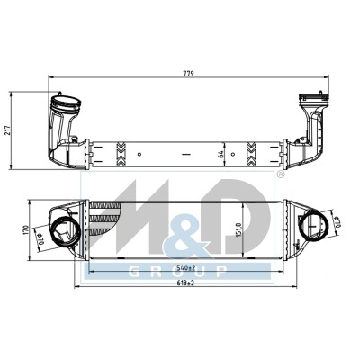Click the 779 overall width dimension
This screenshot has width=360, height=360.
190,74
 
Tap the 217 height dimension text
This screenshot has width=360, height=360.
8,130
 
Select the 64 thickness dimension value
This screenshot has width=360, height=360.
221,154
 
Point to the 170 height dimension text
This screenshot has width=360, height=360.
26,230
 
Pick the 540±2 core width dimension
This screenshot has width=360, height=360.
186,267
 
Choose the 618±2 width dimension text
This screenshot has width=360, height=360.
186,283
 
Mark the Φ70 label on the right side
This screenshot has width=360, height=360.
337,221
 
